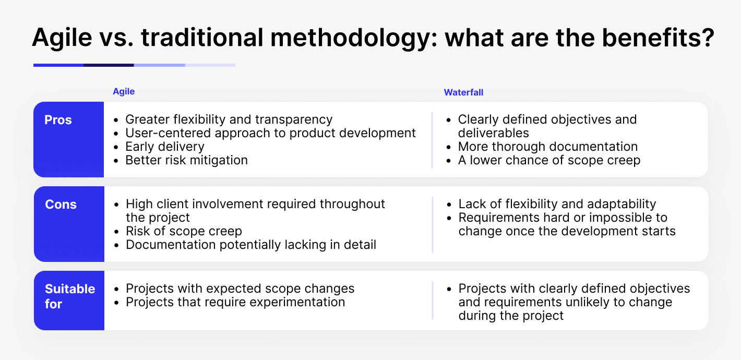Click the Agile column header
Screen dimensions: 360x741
click(x=124, y=91)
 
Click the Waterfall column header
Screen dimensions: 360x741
click(x=463, y=92)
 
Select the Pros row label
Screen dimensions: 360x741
click(x=58, y=120)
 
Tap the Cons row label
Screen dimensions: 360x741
click(x=61, y=205)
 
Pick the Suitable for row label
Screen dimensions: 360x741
click(x=69, y=296)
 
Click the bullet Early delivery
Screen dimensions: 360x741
click(x=165, y=147)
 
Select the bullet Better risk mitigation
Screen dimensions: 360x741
click(x=186, y=160)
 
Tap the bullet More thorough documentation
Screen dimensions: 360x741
click(x=548, y=147)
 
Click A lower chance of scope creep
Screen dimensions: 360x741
click(x=549, y=160)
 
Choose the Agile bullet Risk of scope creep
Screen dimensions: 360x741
click(x=184, y=231)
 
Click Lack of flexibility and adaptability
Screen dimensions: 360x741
click(x=557, y=204)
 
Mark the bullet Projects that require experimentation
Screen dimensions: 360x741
click(x=235, y=302)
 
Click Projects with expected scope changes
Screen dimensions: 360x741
click(x=240, y=289)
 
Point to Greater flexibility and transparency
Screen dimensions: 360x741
click(x=229, y=119)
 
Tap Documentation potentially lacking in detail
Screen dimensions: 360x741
click(x=251, y=245)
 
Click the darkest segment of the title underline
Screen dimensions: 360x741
click(x=109, y=65)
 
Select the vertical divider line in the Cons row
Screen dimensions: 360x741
click(x=433, y=224)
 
